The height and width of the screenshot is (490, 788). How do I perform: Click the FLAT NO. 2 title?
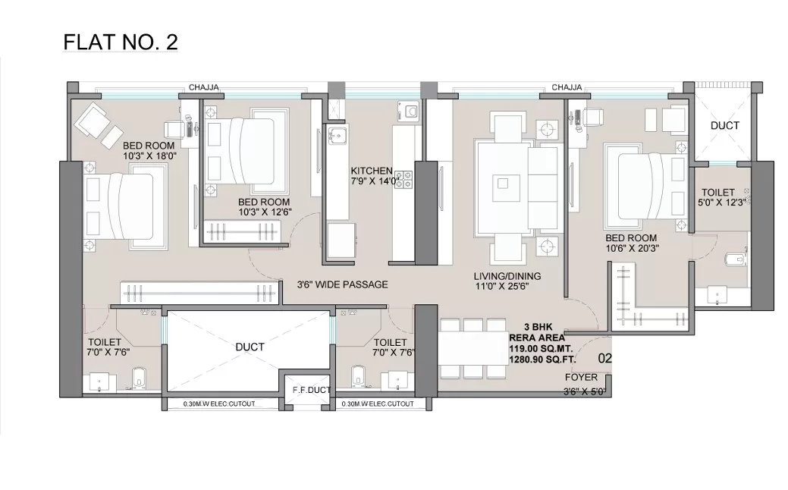click(x=121, y=42)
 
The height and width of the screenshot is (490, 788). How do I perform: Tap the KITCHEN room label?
click(x=372, y=171)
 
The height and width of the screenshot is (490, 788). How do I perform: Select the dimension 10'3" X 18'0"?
click(x=149, y=156)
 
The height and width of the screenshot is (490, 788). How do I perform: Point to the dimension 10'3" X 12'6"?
click(x=265, y=212)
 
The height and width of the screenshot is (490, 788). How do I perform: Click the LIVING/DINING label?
click(x=507, y=276)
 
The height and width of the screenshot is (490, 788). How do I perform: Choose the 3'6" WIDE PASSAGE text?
click(x=342, y=284)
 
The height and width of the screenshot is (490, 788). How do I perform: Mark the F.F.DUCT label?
click(x=312, y=390)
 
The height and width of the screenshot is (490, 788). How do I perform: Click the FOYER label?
click(x=581, y=378)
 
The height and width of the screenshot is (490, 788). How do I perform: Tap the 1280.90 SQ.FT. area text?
click(x=542, y=360)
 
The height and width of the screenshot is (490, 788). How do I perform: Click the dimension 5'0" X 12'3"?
click(x=722, y=203)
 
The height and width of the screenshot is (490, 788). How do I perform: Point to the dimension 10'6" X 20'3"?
click(x=633, y=248)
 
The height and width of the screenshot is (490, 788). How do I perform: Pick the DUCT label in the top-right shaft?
click(x=725, y=126)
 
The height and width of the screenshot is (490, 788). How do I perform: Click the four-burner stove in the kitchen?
click(x=403, y=180)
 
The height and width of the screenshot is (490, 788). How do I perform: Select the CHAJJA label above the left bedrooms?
click(x=204, y=87)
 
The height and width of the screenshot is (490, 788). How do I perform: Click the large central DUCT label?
click(x=250, y=347)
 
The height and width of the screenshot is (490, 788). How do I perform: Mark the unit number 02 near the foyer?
click(x=605, y=358)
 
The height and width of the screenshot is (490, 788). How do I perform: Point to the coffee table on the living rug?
click(x=503, y=183)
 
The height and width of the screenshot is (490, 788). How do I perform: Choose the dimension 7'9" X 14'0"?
click(x=375, y=181)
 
